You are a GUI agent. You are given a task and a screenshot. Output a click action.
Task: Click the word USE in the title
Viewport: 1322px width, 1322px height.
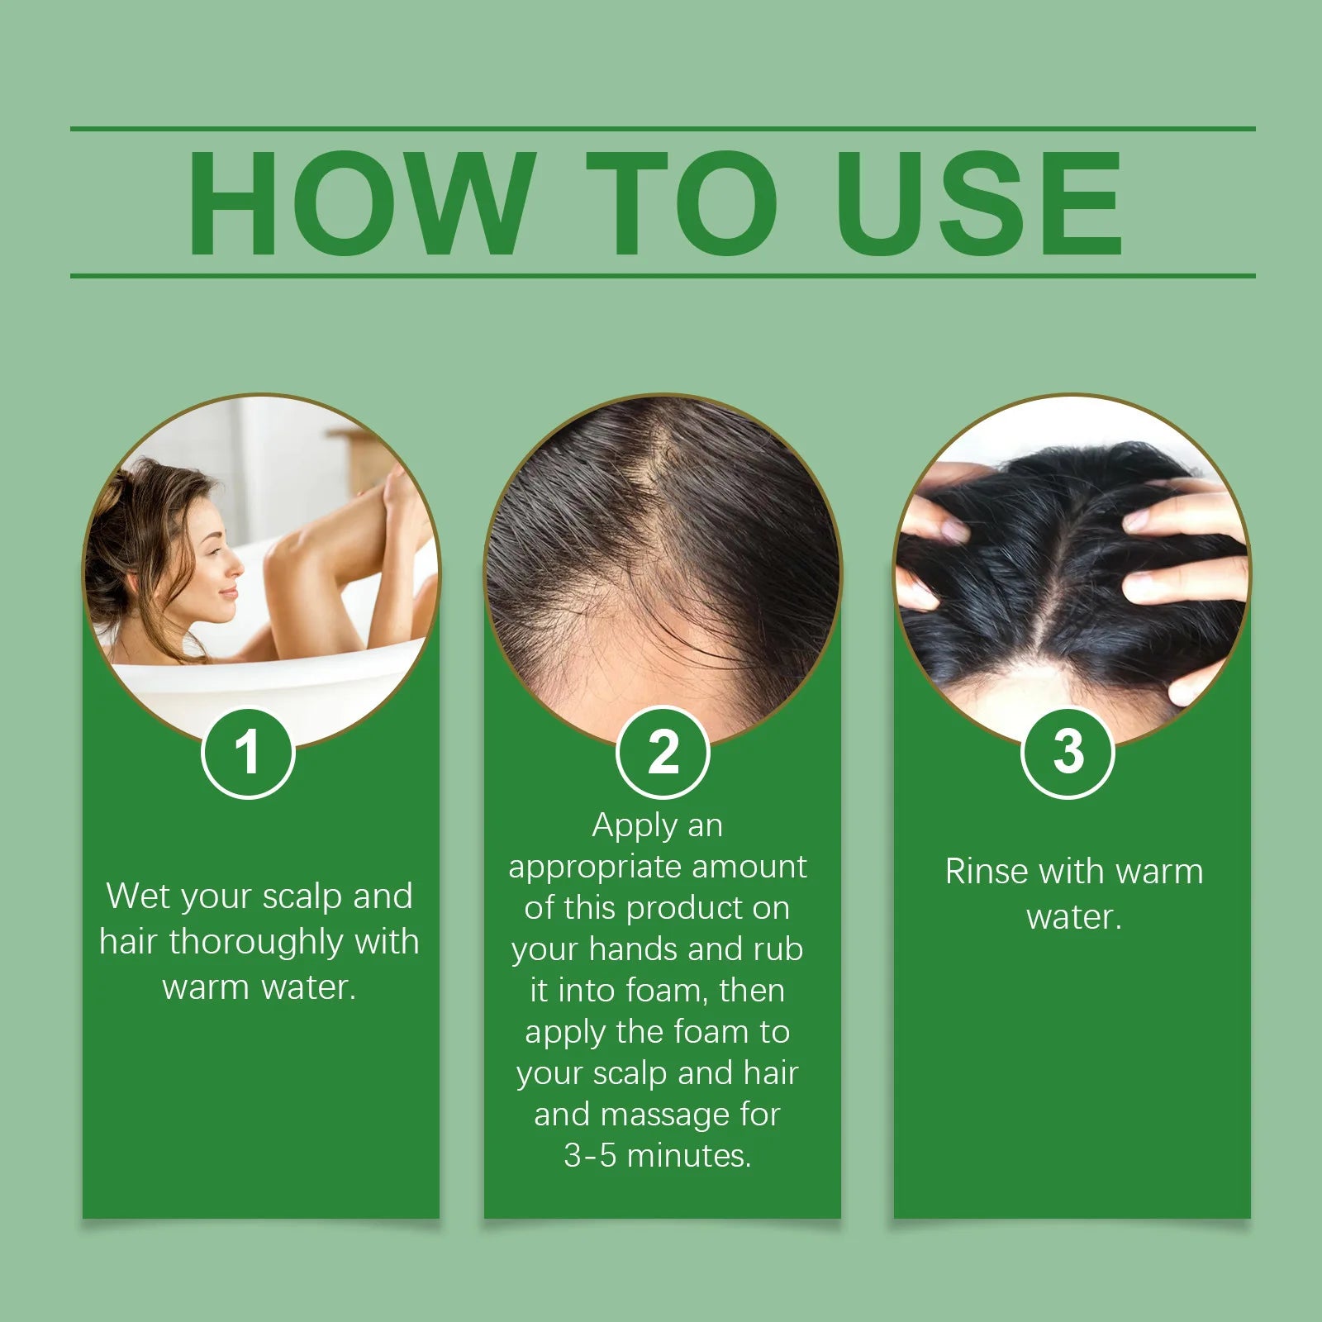(x=979, y=204)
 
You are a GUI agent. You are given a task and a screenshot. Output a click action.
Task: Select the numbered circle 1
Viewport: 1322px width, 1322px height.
(x=248, y=753)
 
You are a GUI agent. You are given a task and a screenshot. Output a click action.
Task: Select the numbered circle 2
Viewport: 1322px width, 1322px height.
(x=663, y=753)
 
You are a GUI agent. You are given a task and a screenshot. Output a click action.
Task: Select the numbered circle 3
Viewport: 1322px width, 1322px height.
(x=1068, y=753)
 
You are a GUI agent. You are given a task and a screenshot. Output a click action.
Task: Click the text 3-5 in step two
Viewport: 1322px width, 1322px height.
(x=590, y=1156)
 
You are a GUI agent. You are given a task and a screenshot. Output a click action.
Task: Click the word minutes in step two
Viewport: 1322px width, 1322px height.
(x=688, y=1156)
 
